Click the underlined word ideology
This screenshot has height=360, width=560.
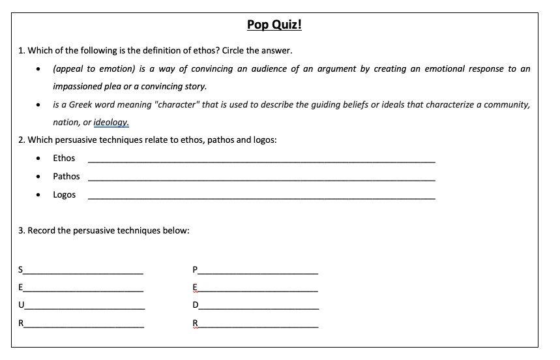111,122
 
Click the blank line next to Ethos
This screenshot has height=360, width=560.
261,160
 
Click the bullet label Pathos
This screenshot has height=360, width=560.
66,176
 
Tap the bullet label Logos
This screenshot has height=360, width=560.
65,194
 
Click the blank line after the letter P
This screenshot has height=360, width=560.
258,271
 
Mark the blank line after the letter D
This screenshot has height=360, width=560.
258,308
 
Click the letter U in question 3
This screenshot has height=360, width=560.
22,305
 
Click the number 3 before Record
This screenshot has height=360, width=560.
22,230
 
